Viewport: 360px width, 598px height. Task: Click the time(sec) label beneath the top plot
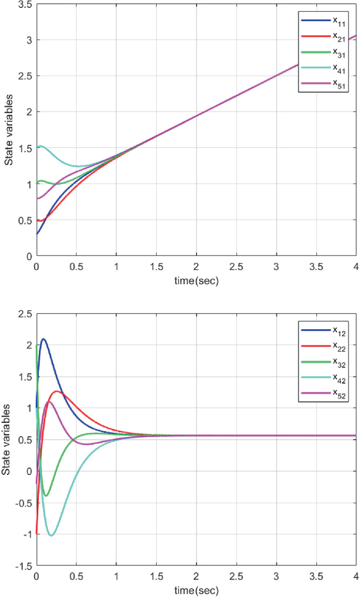(x=196, y=281)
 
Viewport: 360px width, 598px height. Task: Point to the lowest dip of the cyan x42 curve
(x=51, y=535)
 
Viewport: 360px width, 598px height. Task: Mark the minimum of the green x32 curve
(x=46, y=495)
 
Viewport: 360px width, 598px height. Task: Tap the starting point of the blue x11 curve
(x=37, y=234)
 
